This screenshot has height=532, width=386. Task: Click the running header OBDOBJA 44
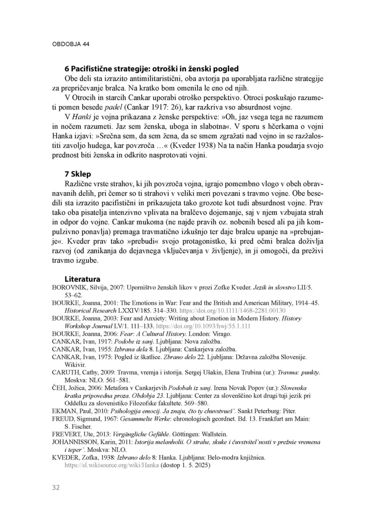[70, 44]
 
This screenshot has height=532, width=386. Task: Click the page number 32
[56, 488]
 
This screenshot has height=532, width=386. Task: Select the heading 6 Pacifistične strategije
[152, 69]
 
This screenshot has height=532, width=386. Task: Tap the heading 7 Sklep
[78, 174]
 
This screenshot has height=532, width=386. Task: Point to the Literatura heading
[83, 279]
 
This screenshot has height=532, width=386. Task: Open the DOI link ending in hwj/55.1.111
[203, 326]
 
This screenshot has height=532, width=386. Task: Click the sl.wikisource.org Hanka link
[112, 465]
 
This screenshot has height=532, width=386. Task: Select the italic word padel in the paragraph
[113, 107]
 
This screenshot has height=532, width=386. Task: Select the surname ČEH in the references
[58, 388]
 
